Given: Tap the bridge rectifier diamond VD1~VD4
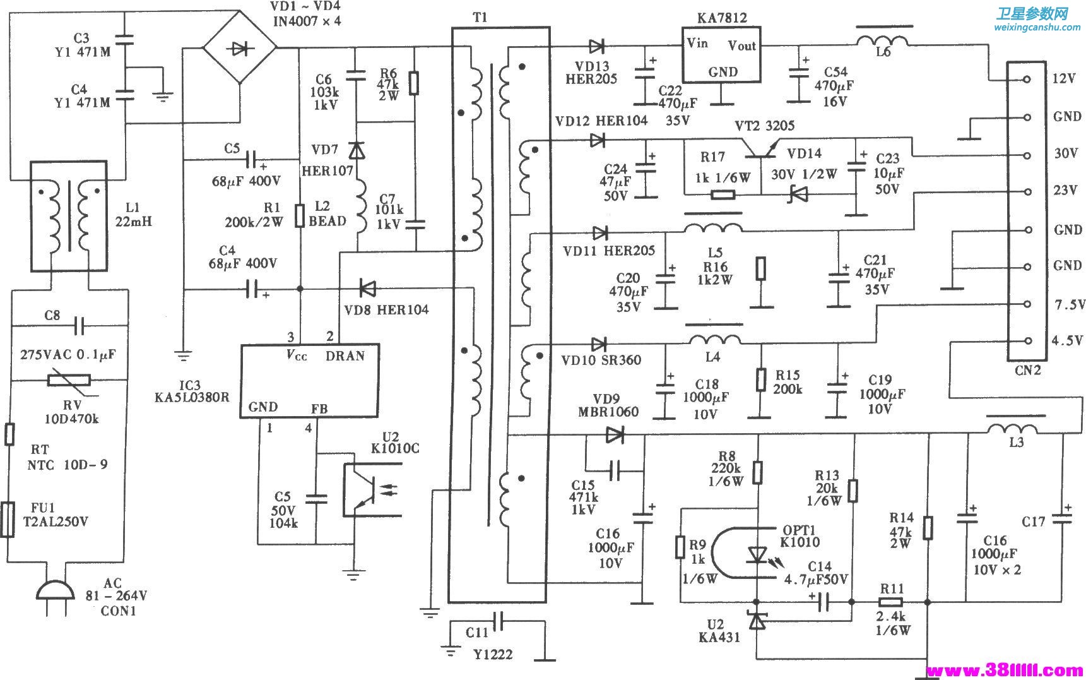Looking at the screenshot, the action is (239, 47).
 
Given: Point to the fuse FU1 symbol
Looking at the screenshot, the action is (8, 520).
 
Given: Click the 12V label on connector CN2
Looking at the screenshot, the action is (1064, 79).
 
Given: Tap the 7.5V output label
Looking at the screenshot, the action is (1068, 305).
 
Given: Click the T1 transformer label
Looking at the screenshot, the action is (480, 18).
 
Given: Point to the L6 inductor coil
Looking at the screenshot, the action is (883, 40).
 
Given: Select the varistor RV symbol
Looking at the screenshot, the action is (69, 380).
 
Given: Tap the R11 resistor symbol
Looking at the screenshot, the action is (890, 602).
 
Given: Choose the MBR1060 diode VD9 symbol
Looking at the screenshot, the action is (614, 434).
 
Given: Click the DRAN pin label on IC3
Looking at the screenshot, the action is (345, 355).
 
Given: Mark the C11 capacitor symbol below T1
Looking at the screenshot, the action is (499, 621).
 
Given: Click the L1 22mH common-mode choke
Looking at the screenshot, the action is (69, 217).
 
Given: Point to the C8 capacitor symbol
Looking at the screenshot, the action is (79, 326).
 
